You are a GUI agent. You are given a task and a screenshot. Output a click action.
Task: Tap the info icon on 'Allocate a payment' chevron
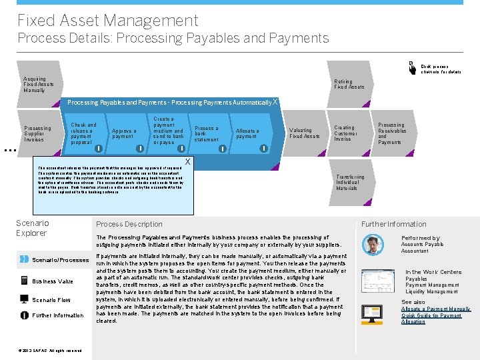pos(263,148)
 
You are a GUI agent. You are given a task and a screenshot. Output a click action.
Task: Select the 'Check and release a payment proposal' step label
pos(83,133)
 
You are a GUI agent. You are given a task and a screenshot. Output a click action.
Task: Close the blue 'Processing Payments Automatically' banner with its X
pos(275,102)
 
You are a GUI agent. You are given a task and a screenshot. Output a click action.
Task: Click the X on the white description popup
pos(187,162)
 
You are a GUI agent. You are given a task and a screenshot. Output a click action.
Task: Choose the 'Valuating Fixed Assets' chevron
pos(304,133)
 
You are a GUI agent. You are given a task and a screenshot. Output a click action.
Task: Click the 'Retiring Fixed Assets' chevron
pos(349,84)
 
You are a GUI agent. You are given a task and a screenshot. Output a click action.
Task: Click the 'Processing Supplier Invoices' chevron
pos(37,133)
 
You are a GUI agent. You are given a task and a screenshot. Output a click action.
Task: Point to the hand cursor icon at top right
pos(413,67)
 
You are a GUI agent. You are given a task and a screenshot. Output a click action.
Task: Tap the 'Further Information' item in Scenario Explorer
pos(59,315)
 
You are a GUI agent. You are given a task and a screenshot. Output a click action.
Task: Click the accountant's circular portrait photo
pos(373,245)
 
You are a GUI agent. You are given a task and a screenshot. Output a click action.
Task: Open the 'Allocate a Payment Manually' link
pos(435,309)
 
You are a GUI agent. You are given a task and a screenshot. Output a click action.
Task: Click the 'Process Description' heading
pos(129,225)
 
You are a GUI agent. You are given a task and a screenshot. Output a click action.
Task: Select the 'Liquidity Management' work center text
pos(431,291)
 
